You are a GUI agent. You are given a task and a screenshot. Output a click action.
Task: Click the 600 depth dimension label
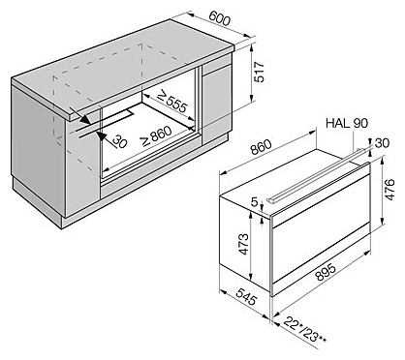click(220, 18)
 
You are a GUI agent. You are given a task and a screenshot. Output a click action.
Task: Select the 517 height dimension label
click(259, 72)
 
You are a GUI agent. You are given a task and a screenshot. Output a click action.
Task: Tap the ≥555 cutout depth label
click(171, 102)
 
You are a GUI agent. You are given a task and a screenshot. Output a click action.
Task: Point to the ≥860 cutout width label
click(157, 135)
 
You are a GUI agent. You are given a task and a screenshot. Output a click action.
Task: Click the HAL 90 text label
click(347, 123)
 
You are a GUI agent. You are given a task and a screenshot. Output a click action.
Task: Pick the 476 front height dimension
click(390, 190)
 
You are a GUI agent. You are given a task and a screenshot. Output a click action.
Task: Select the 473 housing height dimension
click(244, 244)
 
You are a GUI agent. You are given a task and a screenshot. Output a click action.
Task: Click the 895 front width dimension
click(326, 272)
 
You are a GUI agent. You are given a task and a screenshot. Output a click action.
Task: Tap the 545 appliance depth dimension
click(246, 296)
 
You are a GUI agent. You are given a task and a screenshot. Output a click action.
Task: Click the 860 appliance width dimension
click(261, 147)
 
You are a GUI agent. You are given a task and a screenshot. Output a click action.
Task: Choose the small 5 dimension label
click(255, 202)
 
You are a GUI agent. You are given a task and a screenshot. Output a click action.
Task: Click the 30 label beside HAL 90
click(382, 142)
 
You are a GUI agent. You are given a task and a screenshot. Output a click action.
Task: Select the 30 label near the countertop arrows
click(119, 141)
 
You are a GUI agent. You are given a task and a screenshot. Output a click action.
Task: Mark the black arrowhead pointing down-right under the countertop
click(85, 119)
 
